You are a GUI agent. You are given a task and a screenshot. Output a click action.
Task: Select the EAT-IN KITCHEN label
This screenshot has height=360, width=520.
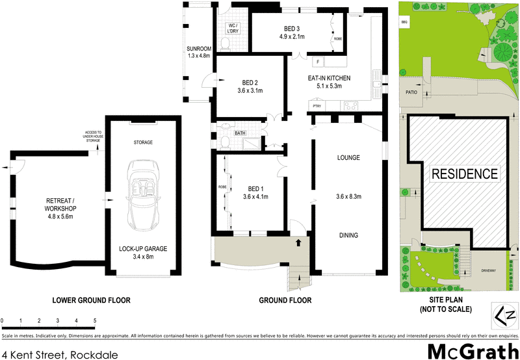click(329, 78)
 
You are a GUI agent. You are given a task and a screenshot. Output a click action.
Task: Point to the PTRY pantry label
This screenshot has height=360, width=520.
click(317, 106)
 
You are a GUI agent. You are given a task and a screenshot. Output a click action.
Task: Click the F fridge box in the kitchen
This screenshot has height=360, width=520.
click(318, 62)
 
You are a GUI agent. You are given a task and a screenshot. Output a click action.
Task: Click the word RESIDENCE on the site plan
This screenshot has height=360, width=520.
click(465, 174)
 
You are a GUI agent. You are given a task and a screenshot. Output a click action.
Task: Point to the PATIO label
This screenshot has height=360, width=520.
click(411, 93)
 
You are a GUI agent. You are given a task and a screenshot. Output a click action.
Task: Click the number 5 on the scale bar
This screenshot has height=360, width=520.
click(95, 320)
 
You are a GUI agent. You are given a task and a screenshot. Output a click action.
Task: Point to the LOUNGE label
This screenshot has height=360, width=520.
click(348, 158)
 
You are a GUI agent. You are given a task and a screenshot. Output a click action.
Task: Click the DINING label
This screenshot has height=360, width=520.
click(348, 235)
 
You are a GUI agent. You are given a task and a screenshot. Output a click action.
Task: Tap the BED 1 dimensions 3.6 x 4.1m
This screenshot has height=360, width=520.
click(255, 197)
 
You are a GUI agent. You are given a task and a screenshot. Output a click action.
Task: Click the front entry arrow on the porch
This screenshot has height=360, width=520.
click(298, 243)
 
